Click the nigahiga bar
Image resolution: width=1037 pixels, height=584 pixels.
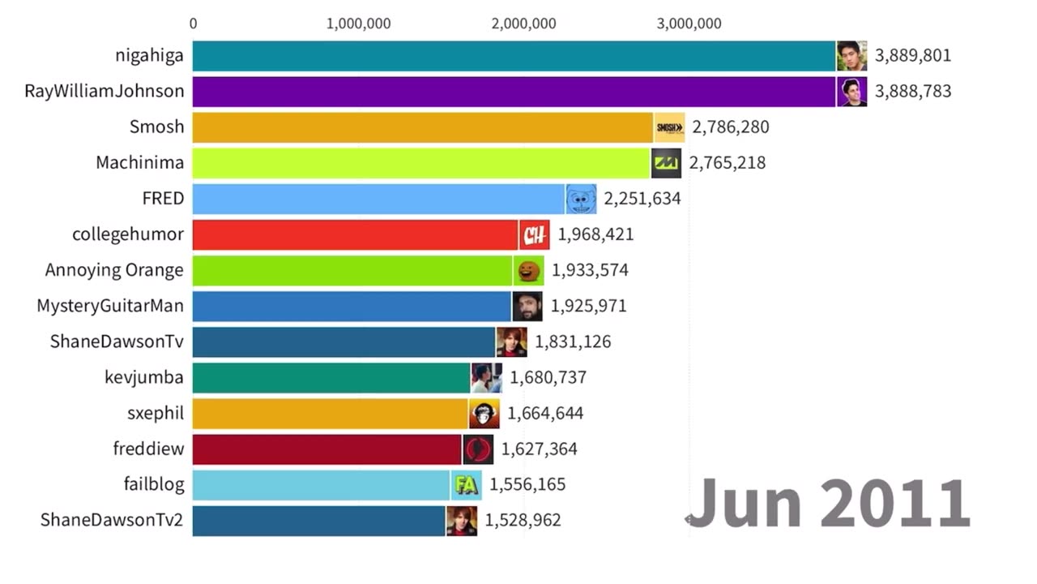point(514,56)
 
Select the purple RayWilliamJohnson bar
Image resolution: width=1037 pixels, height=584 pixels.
point(514,92)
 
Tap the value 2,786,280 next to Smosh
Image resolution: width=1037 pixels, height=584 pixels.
point(731,127)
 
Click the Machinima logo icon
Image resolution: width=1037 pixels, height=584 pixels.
point(666,163)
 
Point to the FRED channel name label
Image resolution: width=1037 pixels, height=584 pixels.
point(163,199)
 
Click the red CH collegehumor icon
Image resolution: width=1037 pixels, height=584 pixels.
point(534,235)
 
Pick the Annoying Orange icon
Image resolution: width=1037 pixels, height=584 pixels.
point(529,270)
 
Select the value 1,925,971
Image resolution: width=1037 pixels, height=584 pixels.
point(589,306)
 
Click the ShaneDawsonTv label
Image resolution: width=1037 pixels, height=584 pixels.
point(117,341)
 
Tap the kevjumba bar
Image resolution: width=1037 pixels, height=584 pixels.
point(331,377)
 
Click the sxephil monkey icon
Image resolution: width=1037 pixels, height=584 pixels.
point(484,414)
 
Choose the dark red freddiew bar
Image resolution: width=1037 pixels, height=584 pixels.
point(326,449)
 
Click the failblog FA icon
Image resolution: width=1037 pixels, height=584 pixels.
point(466,485)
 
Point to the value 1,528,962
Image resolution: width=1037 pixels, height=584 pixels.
point(523,520)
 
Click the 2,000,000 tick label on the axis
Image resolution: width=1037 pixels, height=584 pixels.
point(523,24)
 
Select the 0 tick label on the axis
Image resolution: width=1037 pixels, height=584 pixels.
point(193,24)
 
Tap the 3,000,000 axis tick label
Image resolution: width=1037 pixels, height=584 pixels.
point(689,24)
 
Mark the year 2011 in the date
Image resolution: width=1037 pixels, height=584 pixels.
point(895,503)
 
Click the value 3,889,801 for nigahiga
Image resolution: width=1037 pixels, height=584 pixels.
point(913,56)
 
